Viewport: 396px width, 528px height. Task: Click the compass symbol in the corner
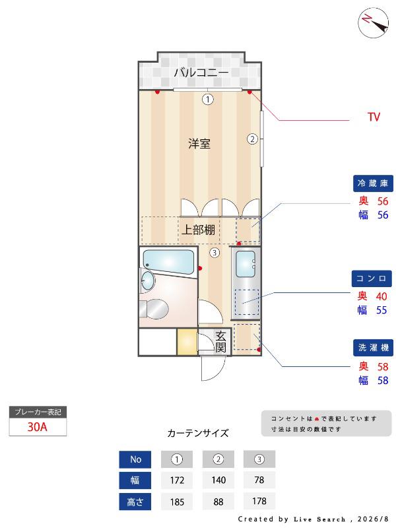click(373, 22)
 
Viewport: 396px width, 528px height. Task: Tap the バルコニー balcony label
click(201, 73)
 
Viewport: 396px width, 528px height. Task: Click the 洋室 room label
click(199, 144)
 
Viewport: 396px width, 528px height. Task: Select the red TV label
click(374, 117)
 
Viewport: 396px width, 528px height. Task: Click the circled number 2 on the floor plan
click(252, 139)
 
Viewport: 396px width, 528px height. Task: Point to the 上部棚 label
click(199, 230)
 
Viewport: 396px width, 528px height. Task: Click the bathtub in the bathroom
click(169, 262)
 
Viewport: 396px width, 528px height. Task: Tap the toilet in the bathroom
click(154, 309)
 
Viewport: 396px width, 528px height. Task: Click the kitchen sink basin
click(246, 265)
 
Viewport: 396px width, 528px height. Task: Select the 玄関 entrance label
click(220, 341)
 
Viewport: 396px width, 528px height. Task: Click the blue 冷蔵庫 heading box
click(373, 183)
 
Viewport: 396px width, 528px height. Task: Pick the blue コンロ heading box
click(372, 279)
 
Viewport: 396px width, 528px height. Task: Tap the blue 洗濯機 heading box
click(373, 348)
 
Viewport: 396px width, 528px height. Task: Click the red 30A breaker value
click(37, 427)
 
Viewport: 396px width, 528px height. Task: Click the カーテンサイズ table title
click(198, 433)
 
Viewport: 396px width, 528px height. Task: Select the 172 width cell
click(177, 480)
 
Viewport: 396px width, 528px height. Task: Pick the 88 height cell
click(218, 502)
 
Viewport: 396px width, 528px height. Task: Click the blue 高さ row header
click(135, 502)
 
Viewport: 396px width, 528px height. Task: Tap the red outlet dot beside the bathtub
click(200, 269)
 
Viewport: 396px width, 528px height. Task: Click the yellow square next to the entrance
click(187, 341)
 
